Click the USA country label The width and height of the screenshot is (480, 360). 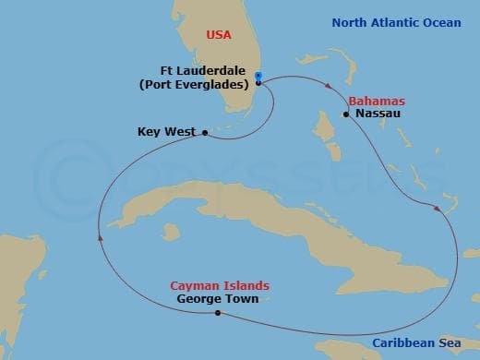[219, 35]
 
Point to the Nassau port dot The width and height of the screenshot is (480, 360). [346, 114]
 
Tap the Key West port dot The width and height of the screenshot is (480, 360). [204, 133]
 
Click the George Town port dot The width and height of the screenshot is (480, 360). [217, 313]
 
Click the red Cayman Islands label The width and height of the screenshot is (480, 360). [214, 286]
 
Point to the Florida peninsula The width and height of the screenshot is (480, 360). [231, 74]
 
